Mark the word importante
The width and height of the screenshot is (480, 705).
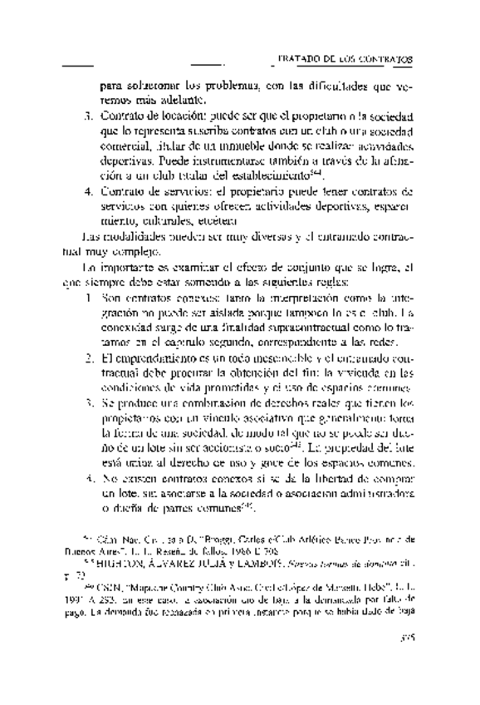tap(133, 269)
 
